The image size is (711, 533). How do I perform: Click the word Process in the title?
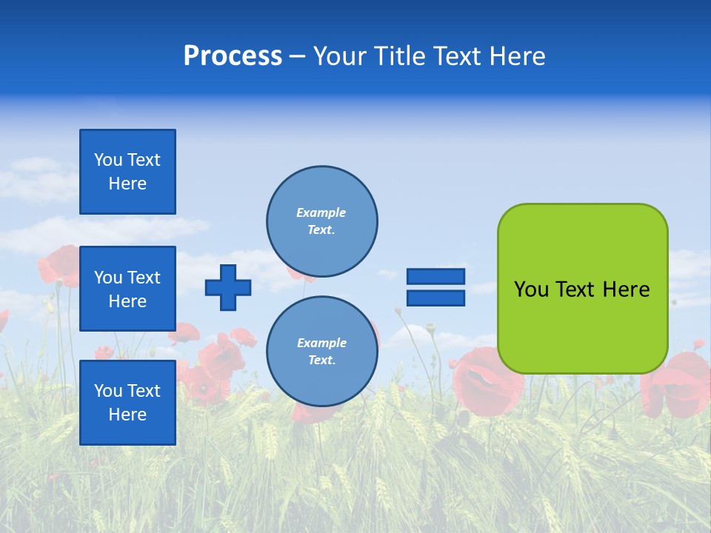click(233, 56)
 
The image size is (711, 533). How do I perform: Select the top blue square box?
click(127, 172)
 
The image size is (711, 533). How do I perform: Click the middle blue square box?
click(127, 289)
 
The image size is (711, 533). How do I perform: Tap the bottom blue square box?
click(127, 403)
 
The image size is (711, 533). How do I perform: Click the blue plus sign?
click(228, 287)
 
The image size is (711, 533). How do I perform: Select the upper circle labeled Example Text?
click(321, 221)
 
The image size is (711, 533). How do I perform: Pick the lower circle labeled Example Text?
click(321, 352)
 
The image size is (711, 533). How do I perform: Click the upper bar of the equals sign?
click(435, 277)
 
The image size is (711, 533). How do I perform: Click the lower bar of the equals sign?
click(435, 298)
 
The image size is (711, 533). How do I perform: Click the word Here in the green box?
click(626, 289)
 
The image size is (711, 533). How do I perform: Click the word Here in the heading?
click(516, 56)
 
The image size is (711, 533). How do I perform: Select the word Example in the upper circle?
click(321, 212)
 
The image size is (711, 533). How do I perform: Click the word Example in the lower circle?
click(321, 343)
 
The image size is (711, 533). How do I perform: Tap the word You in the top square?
click(108, 160)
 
